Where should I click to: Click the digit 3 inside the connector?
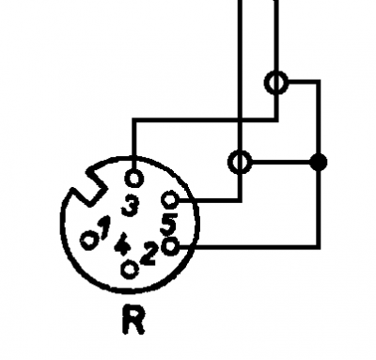130,205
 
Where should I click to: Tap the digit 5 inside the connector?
169,224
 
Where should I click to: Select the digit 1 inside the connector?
103,227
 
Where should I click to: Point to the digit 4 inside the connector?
122,244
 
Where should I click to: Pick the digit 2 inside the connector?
149,253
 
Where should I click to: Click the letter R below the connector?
133,320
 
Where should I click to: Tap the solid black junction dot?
318,163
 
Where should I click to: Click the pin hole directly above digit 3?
134,179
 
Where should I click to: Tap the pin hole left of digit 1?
89,242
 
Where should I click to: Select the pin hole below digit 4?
130,269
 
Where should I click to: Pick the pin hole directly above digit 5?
170,199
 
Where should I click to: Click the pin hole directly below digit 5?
170,246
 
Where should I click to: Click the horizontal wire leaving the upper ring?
304,82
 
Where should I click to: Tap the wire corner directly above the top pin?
134,120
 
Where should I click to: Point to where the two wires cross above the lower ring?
241,120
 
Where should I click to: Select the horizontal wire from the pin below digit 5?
250,247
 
